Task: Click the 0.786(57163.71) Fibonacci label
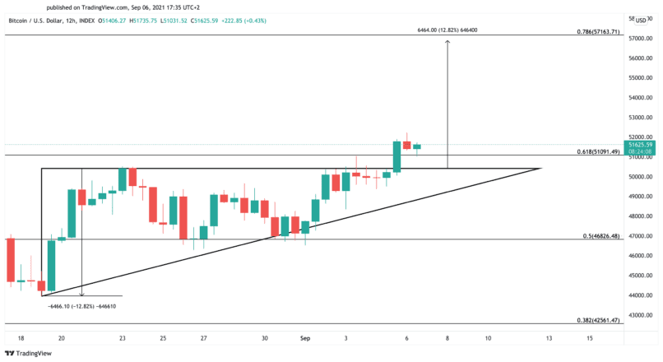coord(599,31)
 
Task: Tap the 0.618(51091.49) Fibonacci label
coord(599,151)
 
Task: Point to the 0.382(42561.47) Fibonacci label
coord(599,320)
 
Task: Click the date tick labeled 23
coord(123,337)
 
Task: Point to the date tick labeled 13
coord(549,337)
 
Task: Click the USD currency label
coord(642,19)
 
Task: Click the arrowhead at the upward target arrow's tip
coord(447,41)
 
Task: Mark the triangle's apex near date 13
coord(541,168)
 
